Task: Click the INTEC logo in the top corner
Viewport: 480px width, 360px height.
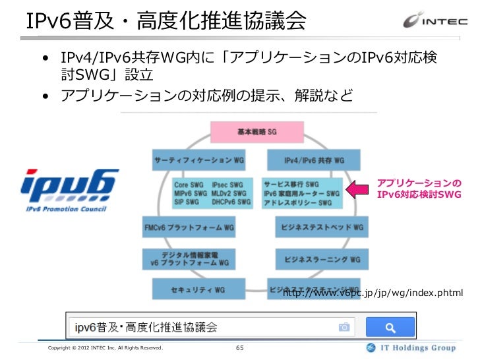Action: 436,20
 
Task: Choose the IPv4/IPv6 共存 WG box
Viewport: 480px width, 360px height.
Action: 314,160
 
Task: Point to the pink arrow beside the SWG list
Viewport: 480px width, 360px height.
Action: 358,190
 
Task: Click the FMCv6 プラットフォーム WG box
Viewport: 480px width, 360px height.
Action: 189,227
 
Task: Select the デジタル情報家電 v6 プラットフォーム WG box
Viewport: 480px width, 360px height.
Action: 189,258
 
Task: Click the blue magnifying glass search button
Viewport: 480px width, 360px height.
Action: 390,327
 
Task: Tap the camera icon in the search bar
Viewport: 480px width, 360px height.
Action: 344,327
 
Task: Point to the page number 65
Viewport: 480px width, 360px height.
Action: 239,347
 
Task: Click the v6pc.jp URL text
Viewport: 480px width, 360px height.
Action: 373,293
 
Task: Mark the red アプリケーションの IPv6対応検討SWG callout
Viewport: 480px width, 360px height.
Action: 418,189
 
